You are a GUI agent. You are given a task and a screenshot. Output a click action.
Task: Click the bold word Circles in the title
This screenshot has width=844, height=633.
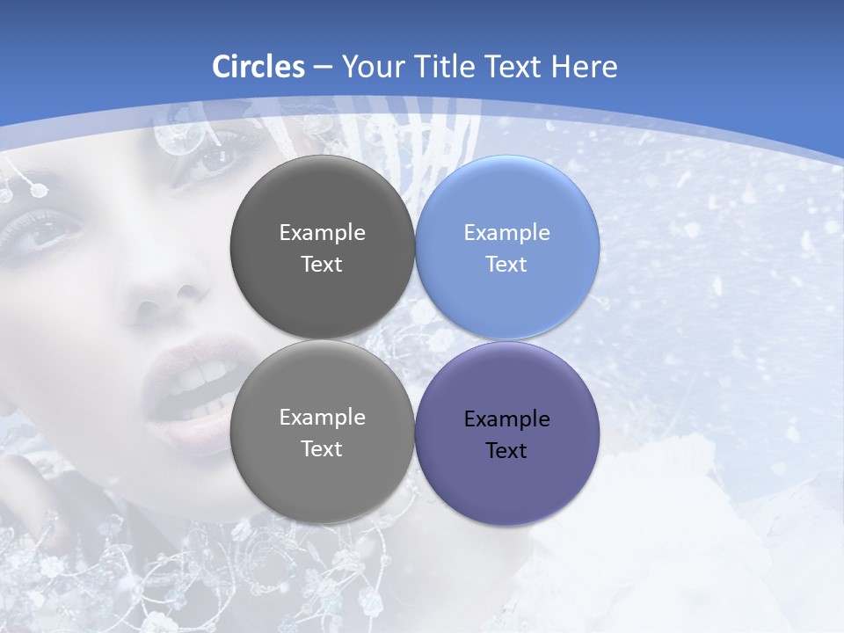[x=258, y=67]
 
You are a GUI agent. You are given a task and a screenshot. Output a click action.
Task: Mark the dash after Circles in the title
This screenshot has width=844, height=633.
[x=323, y=68]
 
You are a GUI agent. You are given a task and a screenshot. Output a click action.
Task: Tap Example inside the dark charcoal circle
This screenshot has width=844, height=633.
[x=322, y=232]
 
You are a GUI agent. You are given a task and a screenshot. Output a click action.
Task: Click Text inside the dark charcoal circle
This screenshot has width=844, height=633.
[x=322, y=264]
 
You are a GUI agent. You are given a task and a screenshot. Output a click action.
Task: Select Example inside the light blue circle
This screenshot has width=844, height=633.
[x=506, y=232]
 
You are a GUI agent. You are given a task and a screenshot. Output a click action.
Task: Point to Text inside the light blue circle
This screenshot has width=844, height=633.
[x=506, y=264]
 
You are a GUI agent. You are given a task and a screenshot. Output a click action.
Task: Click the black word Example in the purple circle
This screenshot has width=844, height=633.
[x=506, y=418]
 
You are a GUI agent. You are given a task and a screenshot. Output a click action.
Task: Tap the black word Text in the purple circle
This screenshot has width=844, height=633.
[x=506, y=450]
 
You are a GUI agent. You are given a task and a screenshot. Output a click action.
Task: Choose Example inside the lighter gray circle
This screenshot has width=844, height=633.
[x=322, y=417]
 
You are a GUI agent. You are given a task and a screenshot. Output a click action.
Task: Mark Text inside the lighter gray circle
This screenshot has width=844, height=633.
[x=322, y=448]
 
